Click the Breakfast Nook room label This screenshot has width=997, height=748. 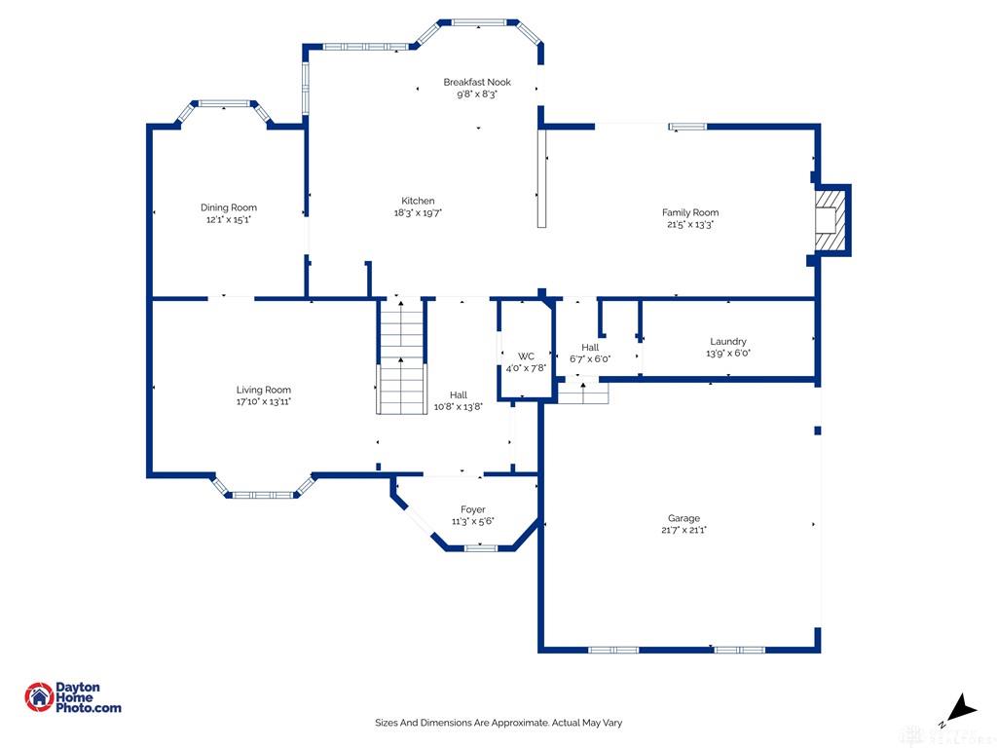(x=477, y=82)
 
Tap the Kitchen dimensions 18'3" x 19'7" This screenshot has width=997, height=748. (x=418, y=213)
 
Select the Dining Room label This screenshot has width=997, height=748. (x=229, y=207)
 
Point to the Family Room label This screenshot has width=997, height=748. (x=690, y=212)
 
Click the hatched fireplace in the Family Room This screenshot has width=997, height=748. (x=831, y=220)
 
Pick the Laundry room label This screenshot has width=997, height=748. (x=728, y=342)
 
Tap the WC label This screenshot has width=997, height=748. (x=526, y=356)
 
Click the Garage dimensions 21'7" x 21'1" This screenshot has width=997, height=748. (x=683, y=530)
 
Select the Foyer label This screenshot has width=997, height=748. (x=473, y=509)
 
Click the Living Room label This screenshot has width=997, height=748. (x=263, y=390)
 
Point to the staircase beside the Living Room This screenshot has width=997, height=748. (x=401, y=356)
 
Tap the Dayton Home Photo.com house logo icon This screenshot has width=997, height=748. (x=39, y=697)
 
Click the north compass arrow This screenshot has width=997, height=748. (x=961, y=708)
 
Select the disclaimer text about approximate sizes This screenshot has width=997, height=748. (x=498, y=723)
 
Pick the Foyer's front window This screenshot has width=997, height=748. (x=481, y=547)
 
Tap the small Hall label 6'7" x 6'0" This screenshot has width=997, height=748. (x=590, y=353)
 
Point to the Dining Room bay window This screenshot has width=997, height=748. (x=225, y=110)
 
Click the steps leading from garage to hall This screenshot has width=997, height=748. (x=583, y=393)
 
